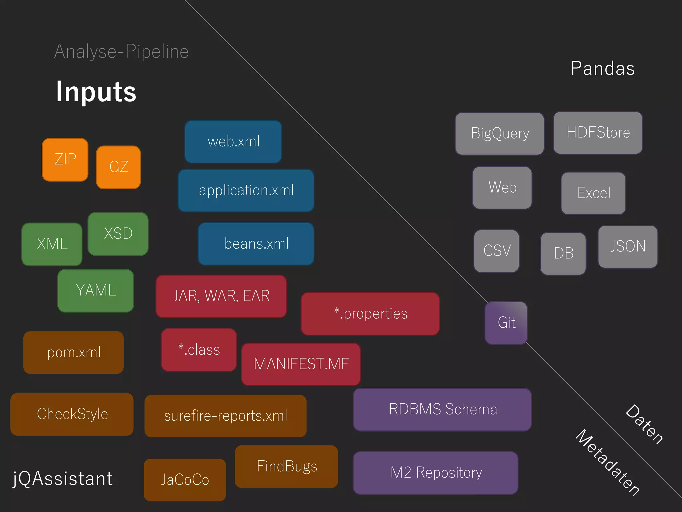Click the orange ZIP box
(65, 160)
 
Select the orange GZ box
(118, 167)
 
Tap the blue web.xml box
(233, 142)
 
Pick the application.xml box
(246, 190)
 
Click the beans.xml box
(256, 244)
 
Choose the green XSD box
(118, 234)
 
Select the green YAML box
(96, 290)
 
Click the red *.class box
(199, 350)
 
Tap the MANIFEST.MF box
(301, 364)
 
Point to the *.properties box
(370, 314)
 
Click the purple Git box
(506, 323)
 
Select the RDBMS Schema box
(442, 409)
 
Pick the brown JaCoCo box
(185, 480)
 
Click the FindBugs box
(286, 466)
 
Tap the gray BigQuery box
(500, 134)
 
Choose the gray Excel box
(593, 193)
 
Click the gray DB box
(563, 253)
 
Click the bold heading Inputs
(96, 92)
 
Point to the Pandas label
(602, 68)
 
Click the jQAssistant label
(63, 479)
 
